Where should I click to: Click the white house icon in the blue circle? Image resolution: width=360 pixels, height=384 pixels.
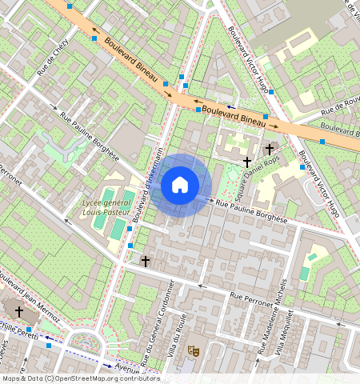point(180,185)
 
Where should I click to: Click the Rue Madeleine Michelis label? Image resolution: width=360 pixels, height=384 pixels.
point(271,317)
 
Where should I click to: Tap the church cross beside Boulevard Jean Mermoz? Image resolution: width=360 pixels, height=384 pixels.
point(19,311)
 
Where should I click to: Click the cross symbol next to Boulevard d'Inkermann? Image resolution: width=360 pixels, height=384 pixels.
point(145,261)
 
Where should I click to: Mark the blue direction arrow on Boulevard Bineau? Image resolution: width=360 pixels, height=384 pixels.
point(231,106)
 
